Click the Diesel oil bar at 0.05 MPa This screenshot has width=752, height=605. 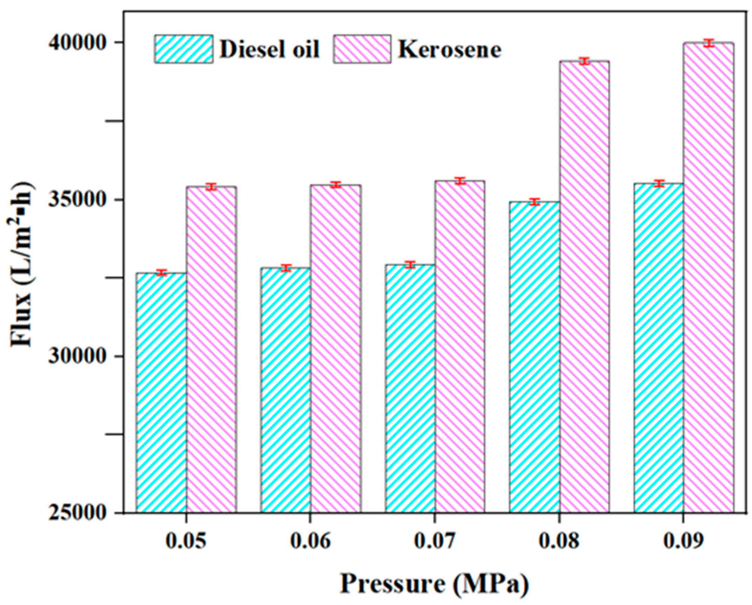click(161, 392)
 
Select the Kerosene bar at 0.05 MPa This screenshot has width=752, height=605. click(211, 350)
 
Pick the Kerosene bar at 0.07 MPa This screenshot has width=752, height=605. click(460, 347)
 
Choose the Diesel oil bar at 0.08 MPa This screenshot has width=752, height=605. click(534, 357)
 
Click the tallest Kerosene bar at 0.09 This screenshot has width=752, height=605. click(709, 280)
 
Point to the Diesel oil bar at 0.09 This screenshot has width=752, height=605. click(658, 347)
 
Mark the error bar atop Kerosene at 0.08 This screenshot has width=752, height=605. click(584, 61)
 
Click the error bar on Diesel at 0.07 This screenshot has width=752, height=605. click(410, 265)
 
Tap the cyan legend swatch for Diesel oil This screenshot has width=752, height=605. click(184, 49)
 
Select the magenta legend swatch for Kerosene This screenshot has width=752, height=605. click(362, 49)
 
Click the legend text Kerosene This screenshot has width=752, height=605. click(450, 50)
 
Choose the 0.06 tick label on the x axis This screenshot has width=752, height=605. click(310, 542)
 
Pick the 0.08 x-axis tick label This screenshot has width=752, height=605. click(559, 542)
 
